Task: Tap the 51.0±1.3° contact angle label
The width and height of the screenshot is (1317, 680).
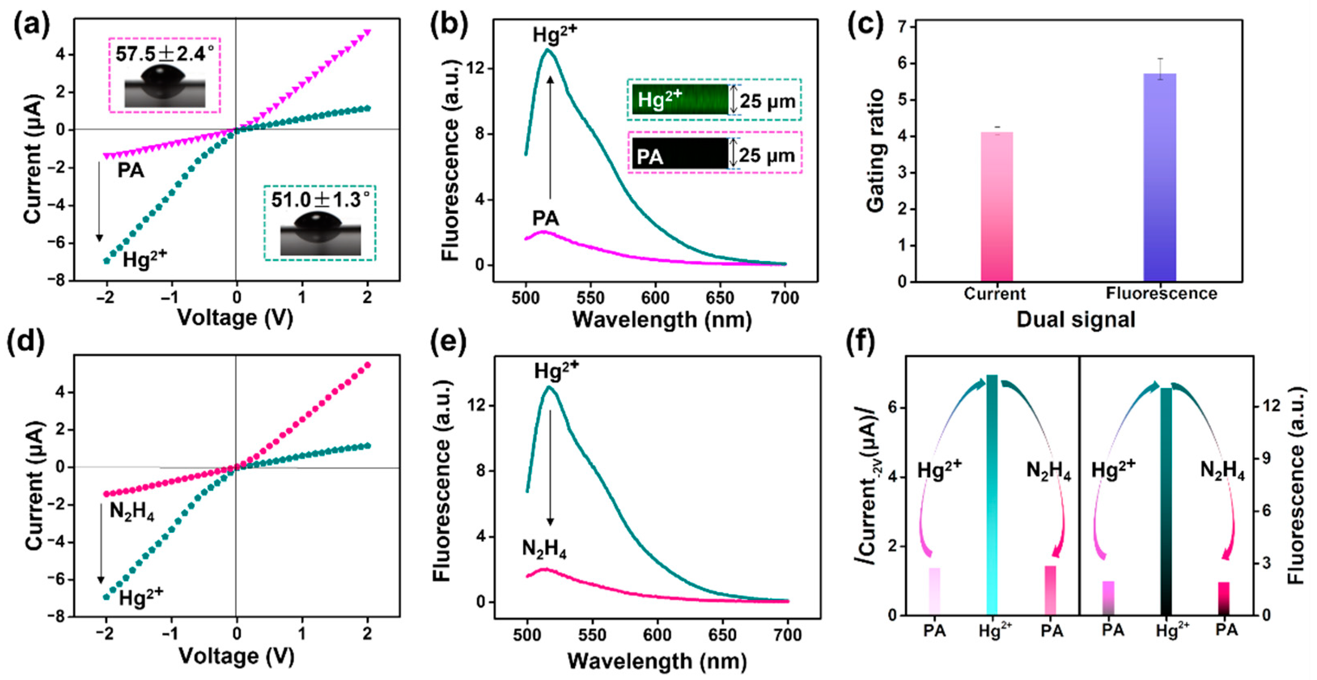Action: [320, 200]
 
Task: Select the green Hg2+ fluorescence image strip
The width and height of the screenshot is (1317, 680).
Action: [680, 99]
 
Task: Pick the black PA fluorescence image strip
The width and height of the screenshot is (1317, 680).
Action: [680, 153]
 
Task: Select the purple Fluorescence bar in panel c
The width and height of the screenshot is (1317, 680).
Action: [1160, 177]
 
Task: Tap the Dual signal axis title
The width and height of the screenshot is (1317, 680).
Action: [1076, 320]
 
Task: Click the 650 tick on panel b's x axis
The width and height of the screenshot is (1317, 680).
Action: [720, 298]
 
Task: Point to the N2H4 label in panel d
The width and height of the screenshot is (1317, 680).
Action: [131, 511]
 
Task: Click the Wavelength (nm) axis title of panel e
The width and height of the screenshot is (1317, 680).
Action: [657, 661]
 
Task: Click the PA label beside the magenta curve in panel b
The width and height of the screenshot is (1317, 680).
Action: [545, 219]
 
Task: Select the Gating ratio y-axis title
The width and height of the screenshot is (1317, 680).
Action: [875, 151]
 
